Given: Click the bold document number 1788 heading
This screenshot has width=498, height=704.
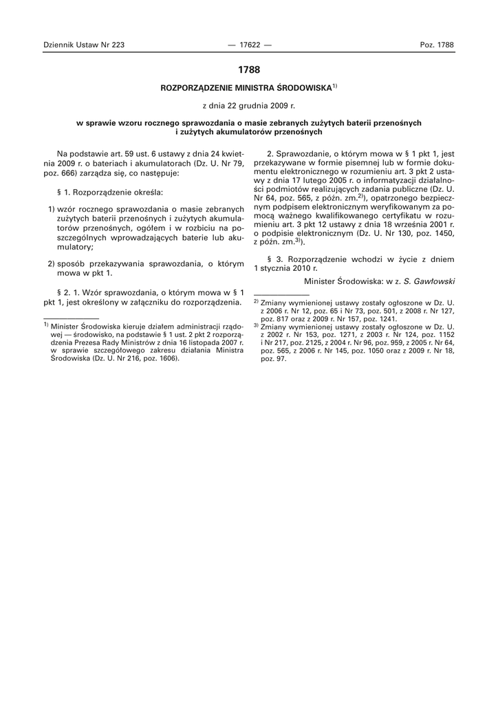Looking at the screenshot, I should (x=249, y=69).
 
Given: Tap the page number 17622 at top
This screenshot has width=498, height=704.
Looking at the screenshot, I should (x=249, y=45).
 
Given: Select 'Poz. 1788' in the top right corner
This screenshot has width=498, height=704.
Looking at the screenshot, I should (x=437, y=45).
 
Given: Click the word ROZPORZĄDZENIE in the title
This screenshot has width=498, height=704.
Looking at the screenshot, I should (x=196, y=89).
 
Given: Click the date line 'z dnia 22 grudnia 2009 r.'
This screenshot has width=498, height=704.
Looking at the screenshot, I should (x=249, y=107).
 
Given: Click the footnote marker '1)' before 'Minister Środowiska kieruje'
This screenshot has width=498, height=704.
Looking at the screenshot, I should (x=45, y=325).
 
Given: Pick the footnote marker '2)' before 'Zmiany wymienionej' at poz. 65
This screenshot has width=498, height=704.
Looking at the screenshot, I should (x=255, y=302).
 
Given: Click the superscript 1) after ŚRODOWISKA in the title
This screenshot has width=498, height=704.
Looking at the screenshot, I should (x=334, y=87).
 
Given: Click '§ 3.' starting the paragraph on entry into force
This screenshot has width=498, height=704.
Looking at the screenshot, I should (x=272, y=260).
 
